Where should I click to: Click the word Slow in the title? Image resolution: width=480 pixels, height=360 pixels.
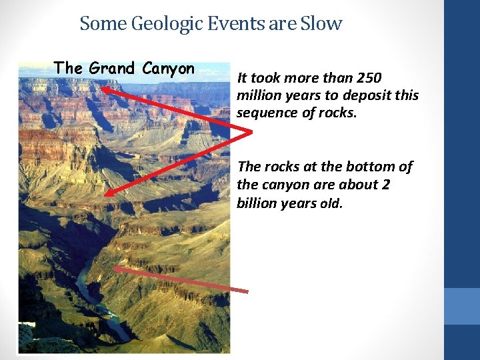pyautogui.click(x=321, y=24)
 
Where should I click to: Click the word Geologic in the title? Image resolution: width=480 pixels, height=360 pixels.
pyautogui.click(x=169, y=25)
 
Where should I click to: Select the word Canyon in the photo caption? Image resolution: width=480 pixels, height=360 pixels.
pyautogui.click(x=169, y=68)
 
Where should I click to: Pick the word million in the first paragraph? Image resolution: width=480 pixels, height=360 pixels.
pyautogui.click(x=257, y=95)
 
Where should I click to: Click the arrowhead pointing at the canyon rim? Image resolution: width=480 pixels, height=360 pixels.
pyautogui.click(x=106, y=86)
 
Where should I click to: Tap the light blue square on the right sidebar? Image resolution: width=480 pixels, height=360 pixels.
pyautogui.click(x=462, y=306)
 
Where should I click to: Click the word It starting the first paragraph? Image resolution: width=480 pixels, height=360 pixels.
pyautogui.click(x=242, y=78)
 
